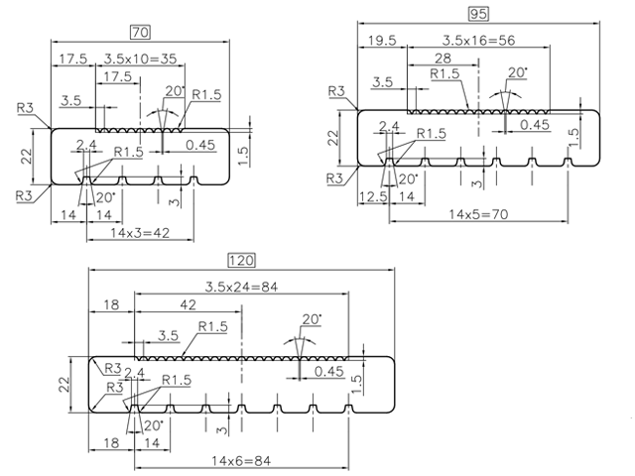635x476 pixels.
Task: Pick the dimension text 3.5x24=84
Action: pos(242,287)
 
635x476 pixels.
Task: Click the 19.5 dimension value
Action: pos(380,41)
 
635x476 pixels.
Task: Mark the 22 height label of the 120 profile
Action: pos(63,382)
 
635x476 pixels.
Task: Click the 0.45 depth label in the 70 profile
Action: pos(201,146)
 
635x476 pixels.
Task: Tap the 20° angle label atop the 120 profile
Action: pos(312,319)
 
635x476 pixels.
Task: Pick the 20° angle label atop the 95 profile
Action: pos(516,72)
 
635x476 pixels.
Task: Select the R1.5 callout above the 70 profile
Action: pos(205,94)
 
